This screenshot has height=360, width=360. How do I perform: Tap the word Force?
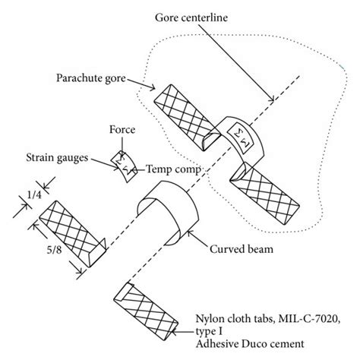coord(122,130)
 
